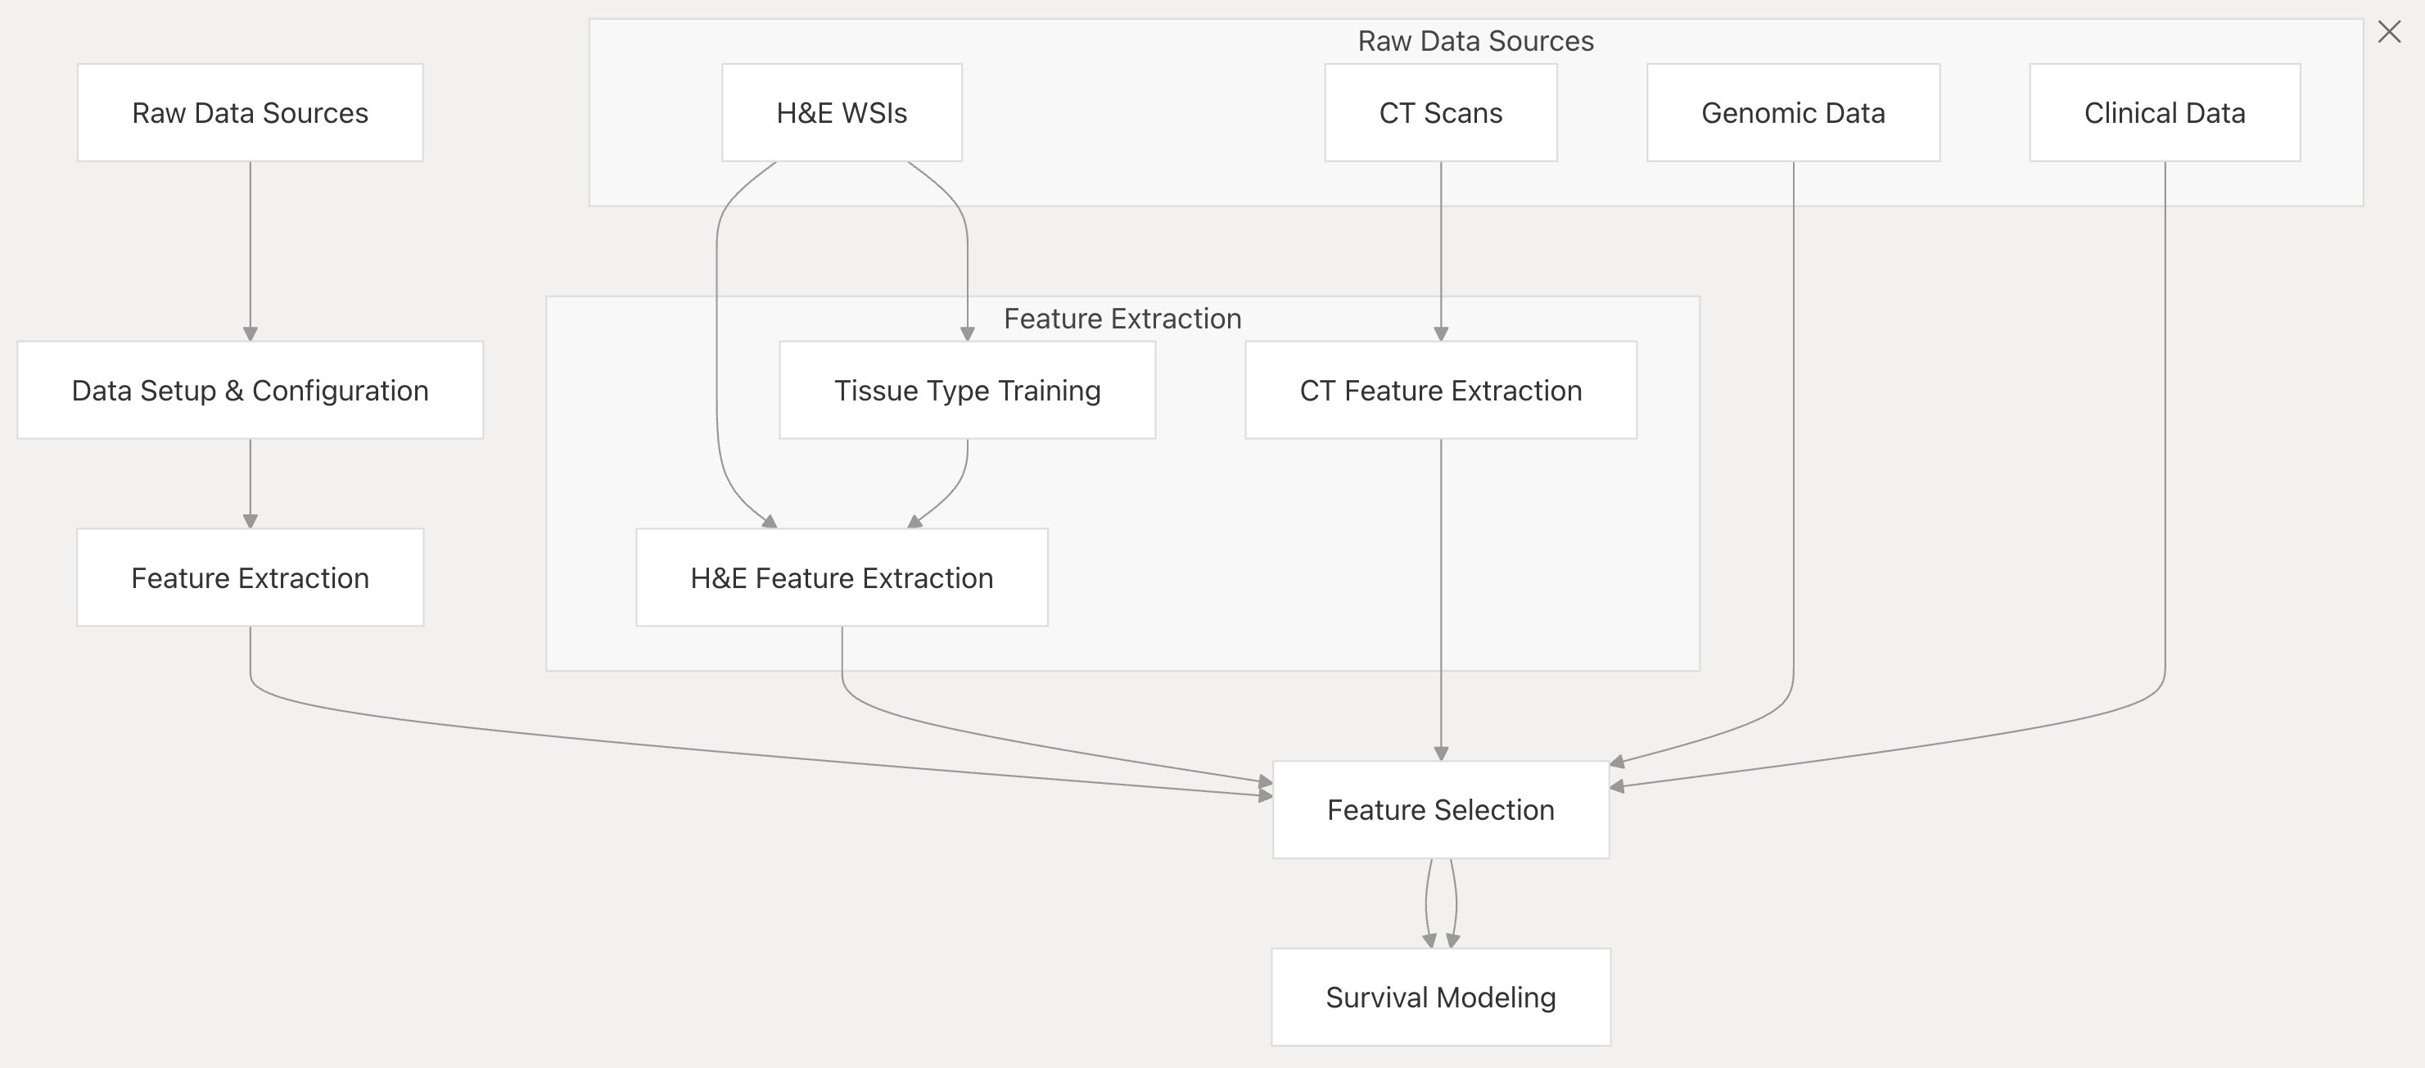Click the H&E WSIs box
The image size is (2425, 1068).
842,112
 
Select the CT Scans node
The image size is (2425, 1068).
1440,112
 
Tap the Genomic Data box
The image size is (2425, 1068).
1792,112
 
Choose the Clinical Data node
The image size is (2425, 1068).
2164,112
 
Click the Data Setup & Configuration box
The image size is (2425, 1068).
251,390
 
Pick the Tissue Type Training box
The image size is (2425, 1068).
967,390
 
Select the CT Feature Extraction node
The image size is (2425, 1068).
1440,390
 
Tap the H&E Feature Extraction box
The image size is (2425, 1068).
842,577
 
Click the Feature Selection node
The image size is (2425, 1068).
1440,809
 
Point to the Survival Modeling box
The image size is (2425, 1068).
1440,997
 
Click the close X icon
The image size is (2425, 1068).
2389,32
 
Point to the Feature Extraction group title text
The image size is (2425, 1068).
1122,319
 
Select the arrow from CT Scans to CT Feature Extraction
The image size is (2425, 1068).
1440,251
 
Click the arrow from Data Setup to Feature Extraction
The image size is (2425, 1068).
251,483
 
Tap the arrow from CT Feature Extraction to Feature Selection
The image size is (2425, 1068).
1440,600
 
